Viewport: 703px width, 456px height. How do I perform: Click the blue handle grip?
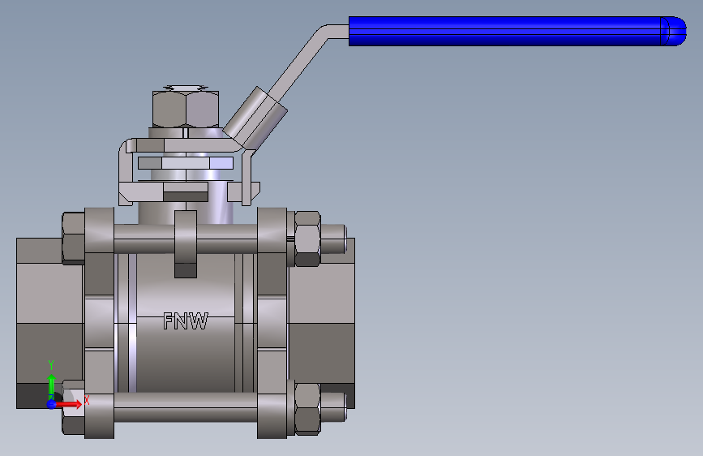(516, 31)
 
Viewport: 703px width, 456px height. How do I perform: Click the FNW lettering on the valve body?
(186, 321)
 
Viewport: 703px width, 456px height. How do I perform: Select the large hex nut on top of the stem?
(186, 109)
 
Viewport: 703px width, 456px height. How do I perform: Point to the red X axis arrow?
(68, 404)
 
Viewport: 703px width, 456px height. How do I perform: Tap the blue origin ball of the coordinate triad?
(52, 404)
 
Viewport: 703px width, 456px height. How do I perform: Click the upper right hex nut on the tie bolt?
(307, 239)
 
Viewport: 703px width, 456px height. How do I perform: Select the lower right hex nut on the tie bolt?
(307, 409)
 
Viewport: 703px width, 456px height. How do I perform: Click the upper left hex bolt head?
(73, 238)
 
